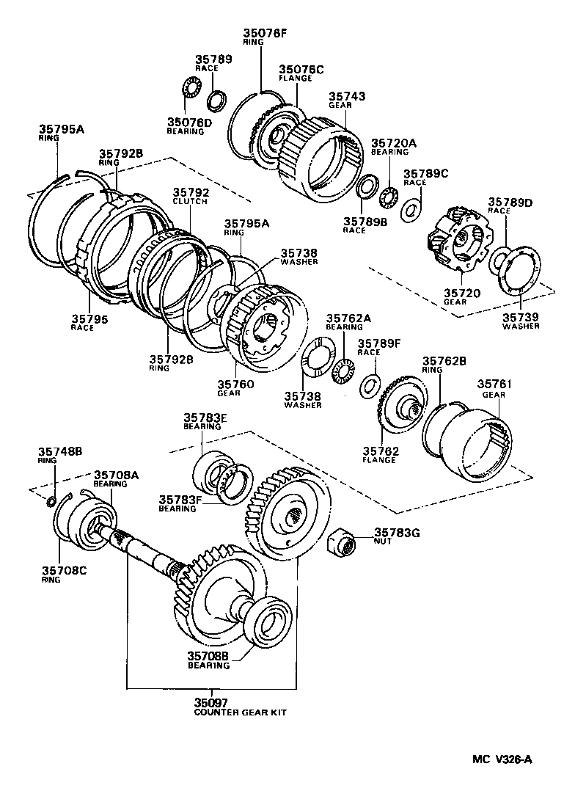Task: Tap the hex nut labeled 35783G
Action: (x=342, y=544)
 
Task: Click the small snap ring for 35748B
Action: (x=51, y=502)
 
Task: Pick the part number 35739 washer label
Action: (x=521, y=316)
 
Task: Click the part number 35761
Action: (x=495, y=384)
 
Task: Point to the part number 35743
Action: (x=346, y=96)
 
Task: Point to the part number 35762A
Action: (x=345, y=318)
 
